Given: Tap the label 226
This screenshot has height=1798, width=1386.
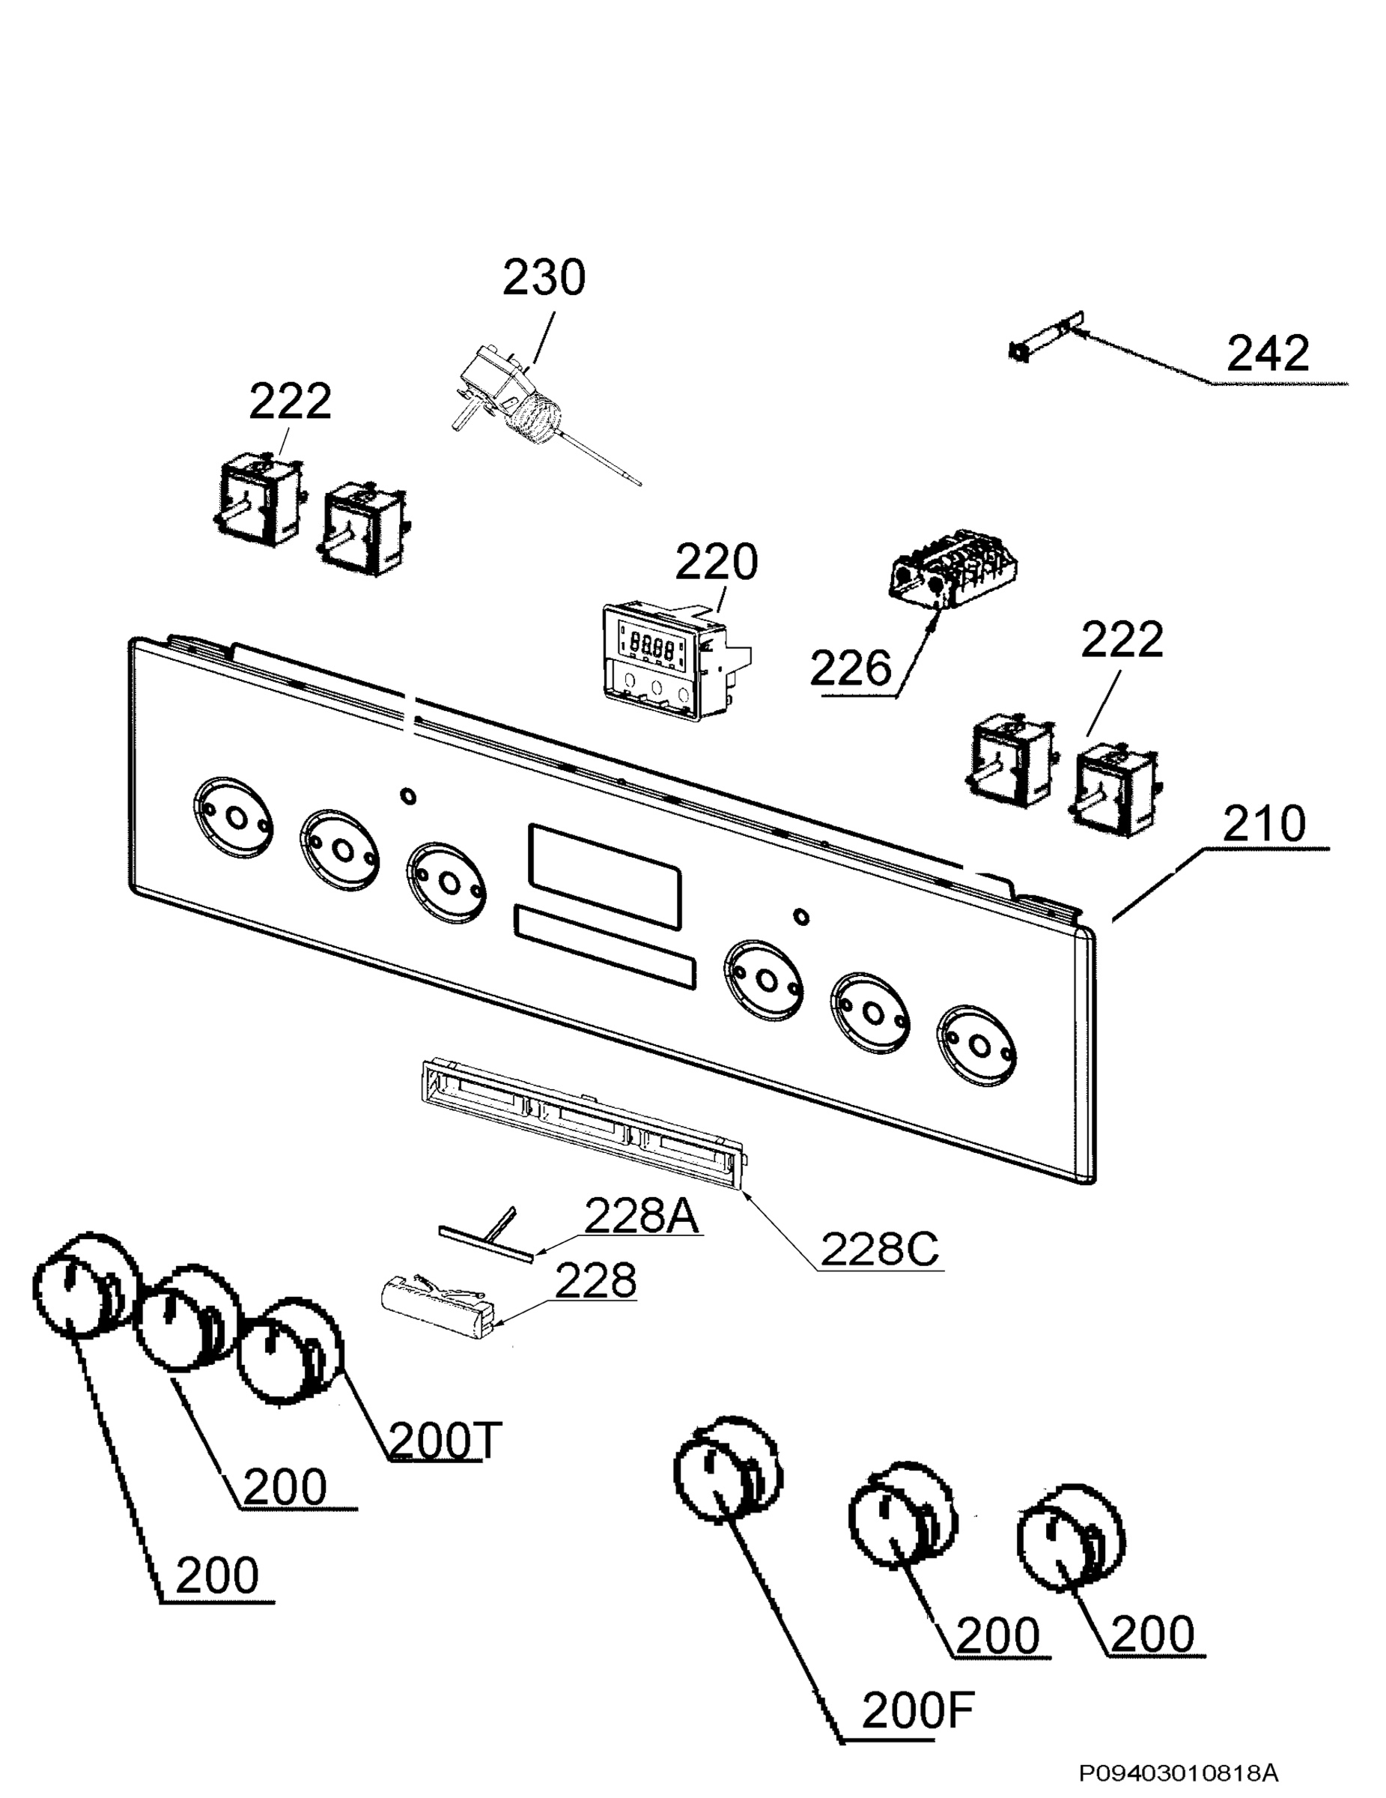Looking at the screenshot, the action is point(850,668).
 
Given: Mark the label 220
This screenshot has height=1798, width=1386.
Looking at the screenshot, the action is point(716,563).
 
